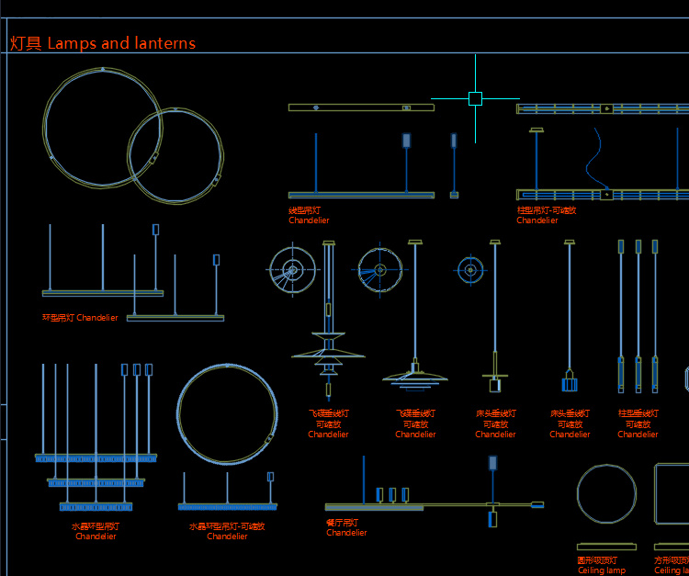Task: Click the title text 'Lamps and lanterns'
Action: pos(121,43)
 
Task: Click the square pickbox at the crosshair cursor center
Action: pos(475,98)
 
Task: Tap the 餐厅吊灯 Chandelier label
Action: pos(346,527)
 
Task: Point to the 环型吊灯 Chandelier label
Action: pos(81,318)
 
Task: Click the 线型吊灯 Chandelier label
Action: pos(309,215)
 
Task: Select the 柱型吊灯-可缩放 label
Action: pos(547,215)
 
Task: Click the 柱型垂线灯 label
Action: pos(638,424)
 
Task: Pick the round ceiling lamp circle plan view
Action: pos(606,493)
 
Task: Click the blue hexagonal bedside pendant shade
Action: pos(570,382)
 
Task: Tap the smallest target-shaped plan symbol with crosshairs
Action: pos(470,269)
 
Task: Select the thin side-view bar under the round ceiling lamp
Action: pos(606,547)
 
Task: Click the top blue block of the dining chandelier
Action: pos(493,462)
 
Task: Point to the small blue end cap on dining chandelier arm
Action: pos(537,504)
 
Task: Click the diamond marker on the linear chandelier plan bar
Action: pos(316,107)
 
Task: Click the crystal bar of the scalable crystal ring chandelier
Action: pos(227,506)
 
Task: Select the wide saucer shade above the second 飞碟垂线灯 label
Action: pos(416,377)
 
